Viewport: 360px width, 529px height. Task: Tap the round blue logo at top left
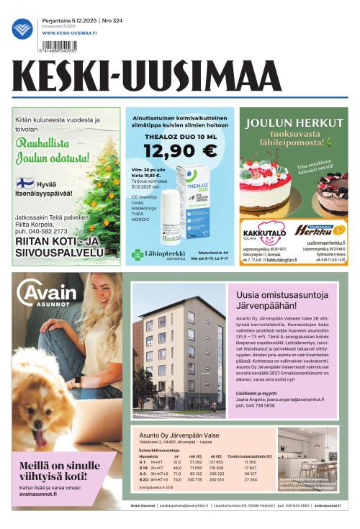click(22, 28)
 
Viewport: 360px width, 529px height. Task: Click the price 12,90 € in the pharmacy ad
click(180, 150)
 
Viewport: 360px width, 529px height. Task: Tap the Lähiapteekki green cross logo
click(137, 253)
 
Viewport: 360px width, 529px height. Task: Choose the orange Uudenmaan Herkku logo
click(320, 230)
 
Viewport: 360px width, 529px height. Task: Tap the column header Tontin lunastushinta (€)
click(249, 456)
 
